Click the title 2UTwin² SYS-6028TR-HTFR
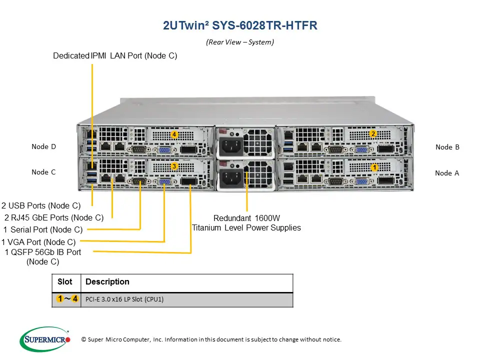click(x=240, y=25)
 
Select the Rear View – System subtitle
click(x=240, y=42)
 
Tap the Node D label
click(x=43, y=146)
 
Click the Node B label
click(x=447, y=147)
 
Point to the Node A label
click(x=446, y=173)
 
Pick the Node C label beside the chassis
click(x=43, y=172)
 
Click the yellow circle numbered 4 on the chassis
click(x=174, y=134)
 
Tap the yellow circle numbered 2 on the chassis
click(x=372, y=133)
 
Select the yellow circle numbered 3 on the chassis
click(x=174, y=165)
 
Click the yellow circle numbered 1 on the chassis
click(x=374, y=167)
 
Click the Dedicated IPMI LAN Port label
click(x=115, y=56)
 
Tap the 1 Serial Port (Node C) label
click(x=42, y=230)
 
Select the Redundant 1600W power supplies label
click(x=246, y=223)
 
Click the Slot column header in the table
click(x=65, y=282)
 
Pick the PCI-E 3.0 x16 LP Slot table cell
click(x=124, y=299)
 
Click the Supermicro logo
click(x=45, y=339)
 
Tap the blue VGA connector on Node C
click(x=164, y=182)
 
